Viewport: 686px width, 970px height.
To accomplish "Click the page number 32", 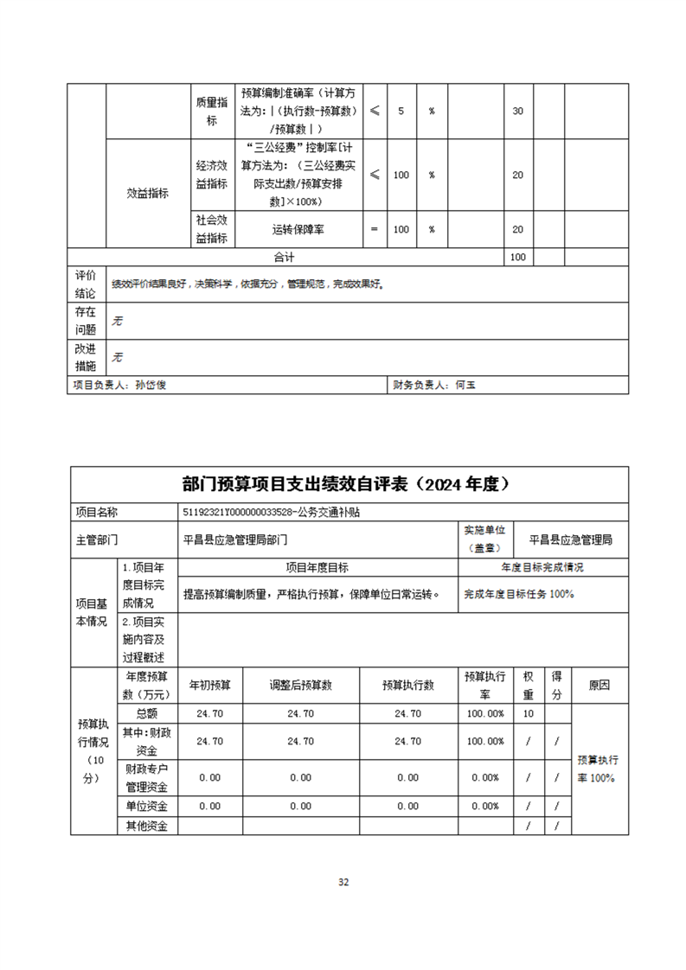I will (x=343, y=882).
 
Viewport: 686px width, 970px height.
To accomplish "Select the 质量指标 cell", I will (x=211, y=112).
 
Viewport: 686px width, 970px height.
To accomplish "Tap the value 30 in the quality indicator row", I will (x=518, y=112).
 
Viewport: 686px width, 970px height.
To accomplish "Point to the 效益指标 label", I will (x=148, y=194).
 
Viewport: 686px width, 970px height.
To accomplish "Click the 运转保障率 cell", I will (x=298, y=230).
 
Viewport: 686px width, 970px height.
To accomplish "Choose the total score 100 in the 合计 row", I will (x=518, y=257).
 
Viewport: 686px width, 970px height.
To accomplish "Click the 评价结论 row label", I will (x=86, y=284).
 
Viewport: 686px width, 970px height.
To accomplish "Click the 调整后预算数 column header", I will (x=300, y=685).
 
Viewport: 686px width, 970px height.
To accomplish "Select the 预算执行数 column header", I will (x=407, y=685).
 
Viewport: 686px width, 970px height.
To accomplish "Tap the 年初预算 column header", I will (x=209, y=685).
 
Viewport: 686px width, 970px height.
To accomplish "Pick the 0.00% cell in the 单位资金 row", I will (x=485, y=806).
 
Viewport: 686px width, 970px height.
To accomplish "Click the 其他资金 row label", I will (x=146, y=826).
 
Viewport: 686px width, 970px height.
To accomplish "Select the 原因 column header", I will (x=599, y=685).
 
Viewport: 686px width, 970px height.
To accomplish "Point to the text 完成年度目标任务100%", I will (x=519, y=594).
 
